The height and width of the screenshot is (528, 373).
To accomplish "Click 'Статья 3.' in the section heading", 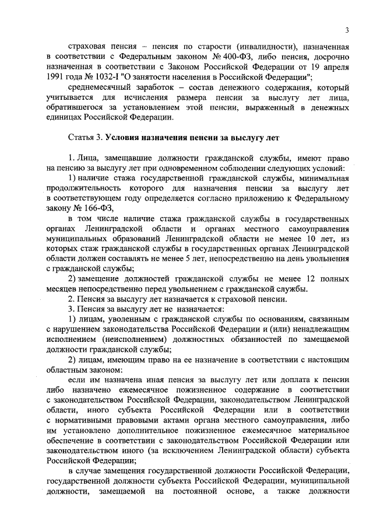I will [86, 138].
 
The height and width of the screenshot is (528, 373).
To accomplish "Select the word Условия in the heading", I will [126, 138].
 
